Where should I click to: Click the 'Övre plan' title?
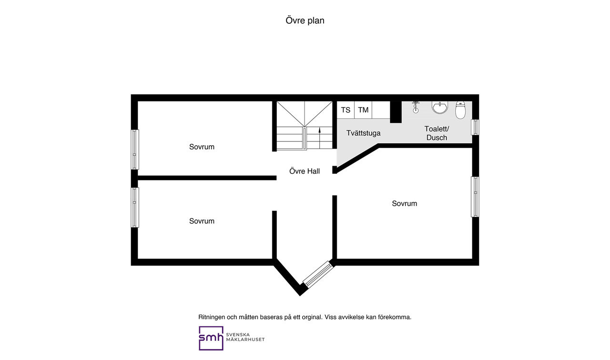[x=305, y=20]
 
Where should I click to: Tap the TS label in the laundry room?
[x=346, y=110]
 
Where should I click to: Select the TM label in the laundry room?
[x=363, y=110]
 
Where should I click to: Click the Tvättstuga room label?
[x=363, y=133]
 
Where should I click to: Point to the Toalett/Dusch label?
[x=437, y=133]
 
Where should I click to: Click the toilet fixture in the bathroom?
[x=460, y=110]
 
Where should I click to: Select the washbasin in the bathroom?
[x=439, y=108]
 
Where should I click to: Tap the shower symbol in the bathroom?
[x=416, y=107]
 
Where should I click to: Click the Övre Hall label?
[x=305, y=171]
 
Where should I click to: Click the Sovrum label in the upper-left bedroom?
[x=202, y=147]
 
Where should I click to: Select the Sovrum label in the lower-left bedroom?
[x=202, y=221]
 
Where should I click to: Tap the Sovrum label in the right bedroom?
[x=405, y=203]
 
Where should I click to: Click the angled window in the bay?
[x=318, y=274]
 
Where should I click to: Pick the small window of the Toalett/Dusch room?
[x=475, y=127]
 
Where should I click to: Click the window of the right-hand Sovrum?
[x=475, y=197]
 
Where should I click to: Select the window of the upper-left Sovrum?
[x=135, y=150]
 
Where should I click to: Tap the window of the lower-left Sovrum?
[x=135, y=207]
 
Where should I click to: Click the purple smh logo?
[x=211, y=338]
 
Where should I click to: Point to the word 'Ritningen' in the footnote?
[x=212, y=317]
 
